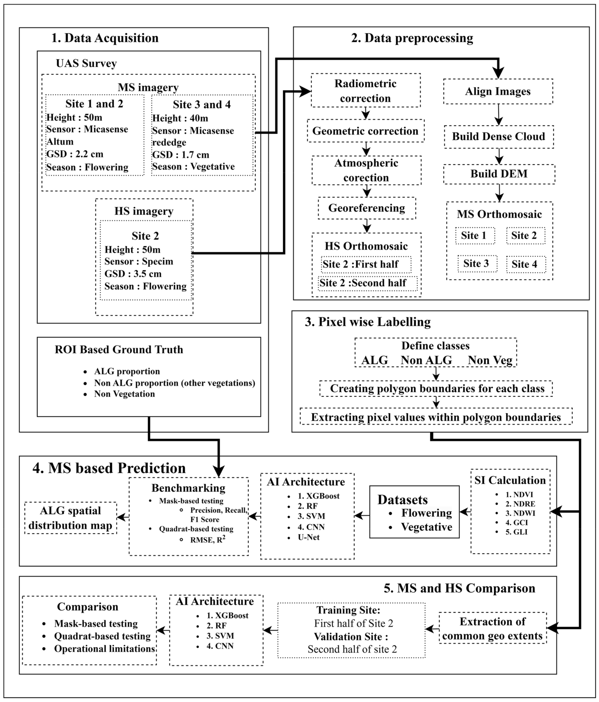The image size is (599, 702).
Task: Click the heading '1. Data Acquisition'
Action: (x=105, y=38)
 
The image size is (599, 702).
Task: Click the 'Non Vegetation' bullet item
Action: (x=124, y=394)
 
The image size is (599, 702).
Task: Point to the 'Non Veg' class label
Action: (x=490, y=360)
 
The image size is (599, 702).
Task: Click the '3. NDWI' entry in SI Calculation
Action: (x=520, y=513)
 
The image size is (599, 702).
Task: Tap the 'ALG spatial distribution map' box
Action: (x=70, y=518)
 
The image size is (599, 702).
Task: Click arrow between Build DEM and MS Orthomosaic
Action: (x=499, y=193)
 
